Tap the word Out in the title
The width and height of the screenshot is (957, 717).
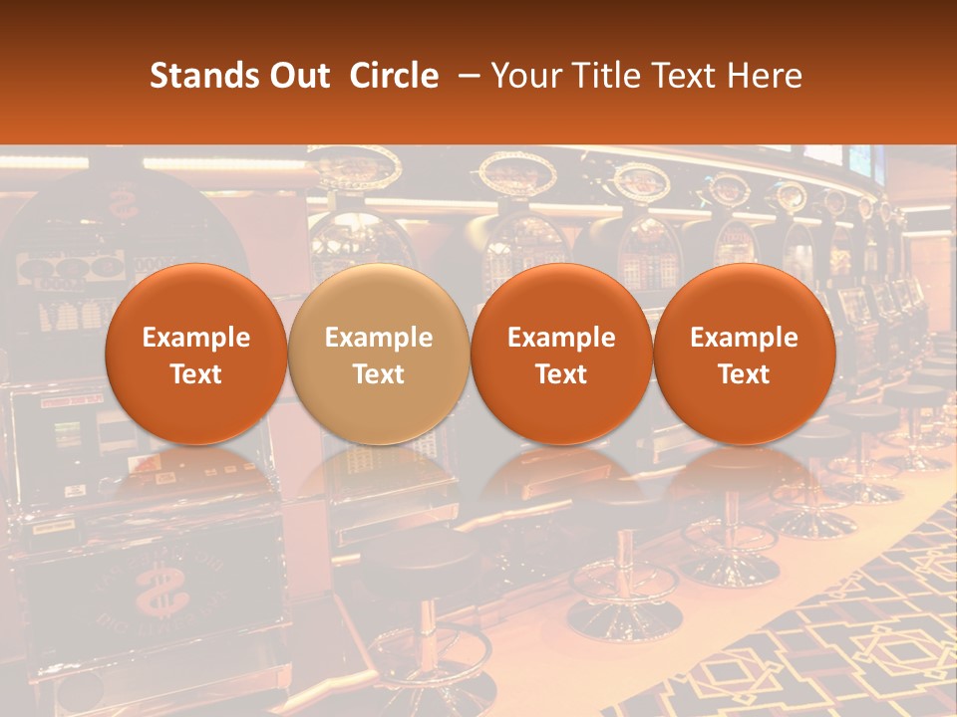pyautogui.click(x=298, y=76)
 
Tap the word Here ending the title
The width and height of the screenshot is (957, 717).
pyautogui.click(x=765, y=76)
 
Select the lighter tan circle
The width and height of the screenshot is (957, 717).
pyautogui.click(x=379, y=354)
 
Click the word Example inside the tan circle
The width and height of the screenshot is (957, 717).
pyautogui.click(x=379, y=338)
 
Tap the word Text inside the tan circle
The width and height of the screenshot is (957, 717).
pyautogui.click(x=379, y=374)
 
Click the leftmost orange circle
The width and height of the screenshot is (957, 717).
pyautogui.click(x=196, y=354)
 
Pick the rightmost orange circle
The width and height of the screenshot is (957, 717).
pyautogui.click(x=744, y=354)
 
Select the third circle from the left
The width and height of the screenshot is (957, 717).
pyautogui.click(x=561, y=354)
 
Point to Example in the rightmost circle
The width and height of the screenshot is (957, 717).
pyautogui.click(x=744, y=338)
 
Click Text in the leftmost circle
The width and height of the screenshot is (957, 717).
pyautogui.click(x=196, y=374)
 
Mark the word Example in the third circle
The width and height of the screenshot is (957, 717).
pyautogui.click(x=561, y=338)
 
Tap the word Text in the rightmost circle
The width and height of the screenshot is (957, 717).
pyautogui.click(x=744, y=374)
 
